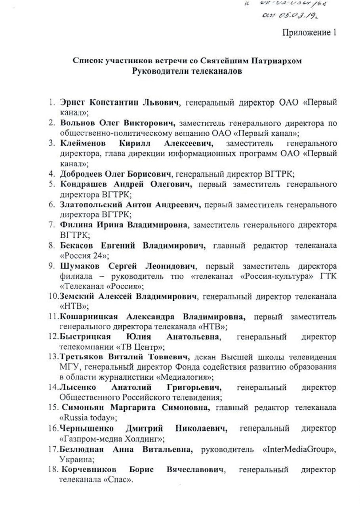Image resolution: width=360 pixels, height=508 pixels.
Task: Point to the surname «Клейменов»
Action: (x=82, y=143)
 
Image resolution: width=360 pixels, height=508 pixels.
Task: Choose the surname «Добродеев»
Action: (x=81, y=174)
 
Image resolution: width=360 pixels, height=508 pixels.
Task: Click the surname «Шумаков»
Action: (x=79, y=266)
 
